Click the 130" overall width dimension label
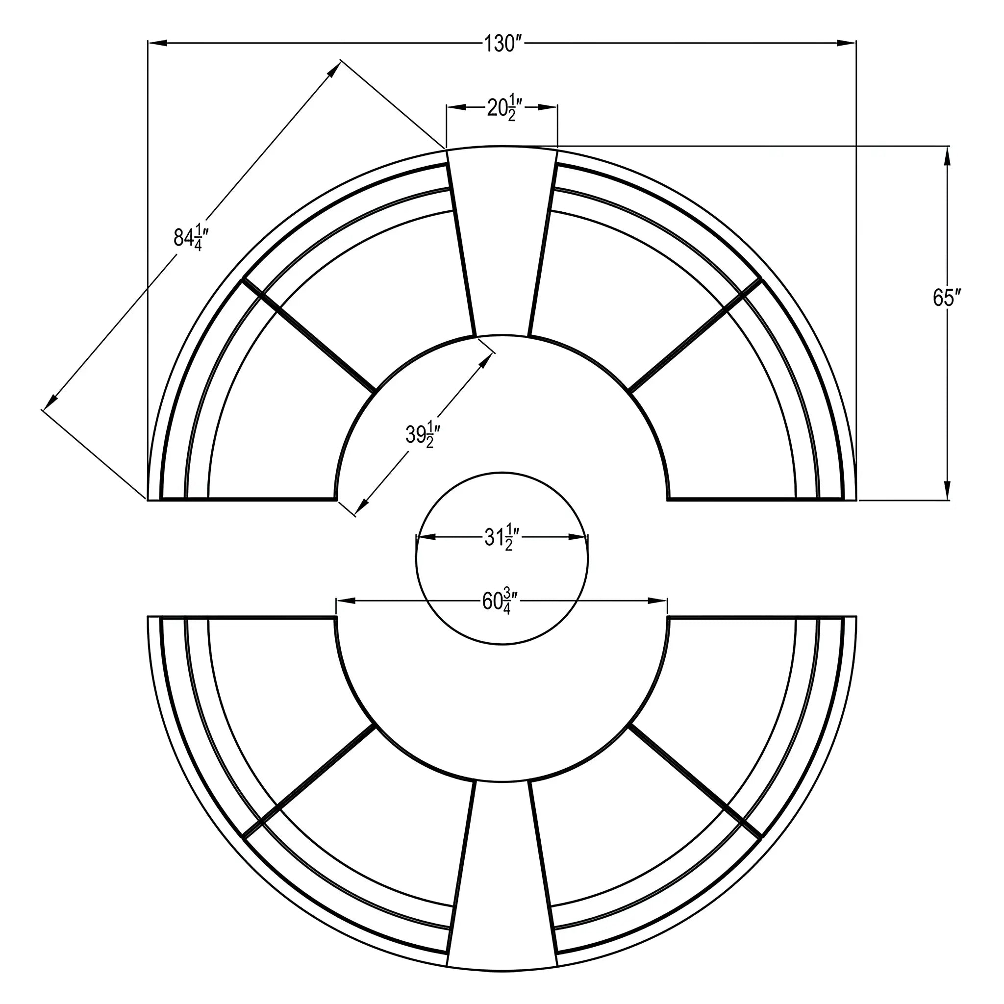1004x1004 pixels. pos(502,44)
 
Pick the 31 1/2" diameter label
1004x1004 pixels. pos(502,538)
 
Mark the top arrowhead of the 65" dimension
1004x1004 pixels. pos(947,156)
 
